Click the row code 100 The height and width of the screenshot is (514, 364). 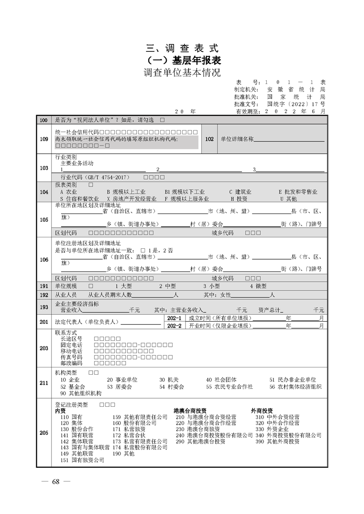[x=44, y=120]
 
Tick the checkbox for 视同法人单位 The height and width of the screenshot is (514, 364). [x=162, y=120]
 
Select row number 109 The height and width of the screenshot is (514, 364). [x=44, y=139]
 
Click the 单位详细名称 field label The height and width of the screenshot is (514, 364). [x=237, y=139]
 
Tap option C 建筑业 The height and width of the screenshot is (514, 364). [x=240, y=192]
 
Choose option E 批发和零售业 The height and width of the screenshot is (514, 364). [x=297, y=192]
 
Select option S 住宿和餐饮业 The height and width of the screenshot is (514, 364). [x=79, y=199]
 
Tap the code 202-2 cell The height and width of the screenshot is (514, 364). [x=175, y=326]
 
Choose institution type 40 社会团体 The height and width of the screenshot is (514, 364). [x=221, y=380]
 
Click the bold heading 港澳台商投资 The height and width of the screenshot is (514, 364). [x=190, y=410]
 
